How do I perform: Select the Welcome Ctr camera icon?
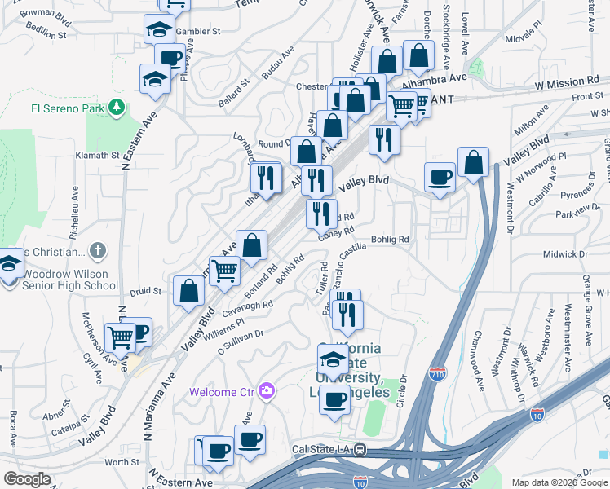266,392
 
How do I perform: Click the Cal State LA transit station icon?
360,449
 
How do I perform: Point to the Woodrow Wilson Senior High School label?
70,280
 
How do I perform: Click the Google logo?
28,478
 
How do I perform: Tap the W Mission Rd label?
555,82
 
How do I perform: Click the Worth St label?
122,461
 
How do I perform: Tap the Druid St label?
146,290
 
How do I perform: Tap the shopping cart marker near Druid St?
224,270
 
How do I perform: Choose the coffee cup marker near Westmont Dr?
440,177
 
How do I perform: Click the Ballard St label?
233,94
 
